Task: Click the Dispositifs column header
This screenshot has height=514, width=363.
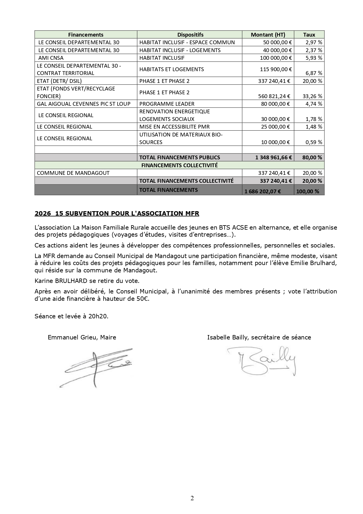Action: pyautogui.click(x=190, y=35)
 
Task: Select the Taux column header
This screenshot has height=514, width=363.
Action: pyautogui.click(x=309, y=35)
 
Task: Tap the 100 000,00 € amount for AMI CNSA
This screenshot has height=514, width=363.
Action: pyautogui.click(x=276, y=58)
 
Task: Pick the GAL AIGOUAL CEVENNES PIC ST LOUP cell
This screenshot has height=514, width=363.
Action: pyautogui.click(x=84, y=104)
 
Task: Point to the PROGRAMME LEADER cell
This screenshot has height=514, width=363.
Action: pyautogui.click(x=167, y=104)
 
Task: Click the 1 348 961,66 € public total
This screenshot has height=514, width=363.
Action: pyautogui.click(x=273, y=157)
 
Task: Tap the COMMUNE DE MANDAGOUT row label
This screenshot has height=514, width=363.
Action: pyautogui.click(x=73, y=173)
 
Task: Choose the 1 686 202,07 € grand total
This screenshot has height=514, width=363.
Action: pyautogui.click(x=263, y=192)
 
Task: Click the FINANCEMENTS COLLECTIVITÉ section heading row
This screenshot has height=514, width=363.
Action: pyautogui.click(x=179, y=165)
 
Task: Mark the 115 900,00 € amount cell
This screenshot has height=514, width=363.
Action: pyautogui.click(x=276, y=69)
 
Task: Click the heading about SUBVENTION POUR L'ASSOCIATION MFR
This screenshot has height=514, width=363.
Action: pyautogui.click(x=117, y=214)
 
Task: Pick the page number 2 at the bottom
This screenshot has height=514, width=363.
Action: pyautogui.click(x=192, y=498)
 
